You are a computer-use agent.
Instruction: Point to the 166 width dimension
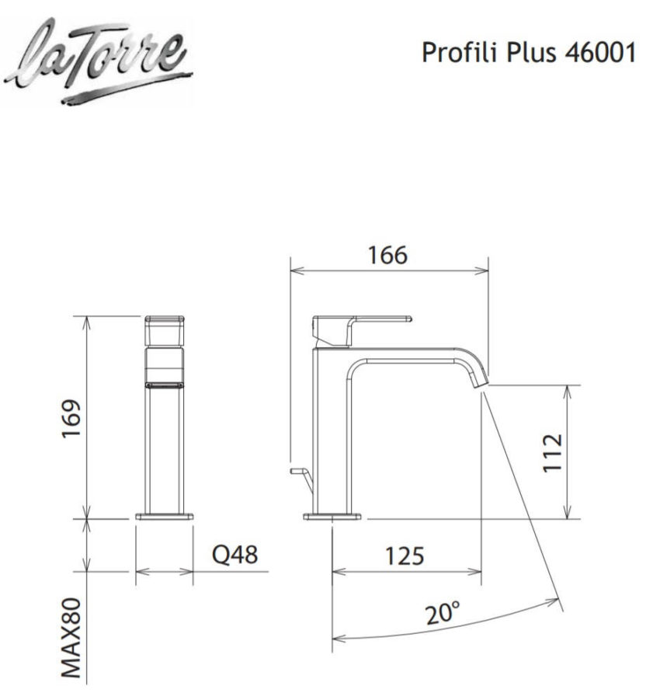coord(387,254)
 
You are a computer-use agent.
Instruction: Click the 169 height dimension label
coord(71,420)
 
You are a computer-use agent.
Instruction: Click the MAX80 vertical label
coord(72,633)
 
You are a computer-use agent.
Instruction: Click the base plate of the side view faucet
coord(332,516)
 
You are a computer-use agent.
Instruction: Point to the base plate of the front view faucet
coord(165,516)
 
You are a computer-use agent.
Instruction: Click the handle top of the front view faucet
coord(165,320)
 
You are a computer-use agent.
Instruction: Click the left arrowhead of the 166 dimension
coord(295,270)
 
